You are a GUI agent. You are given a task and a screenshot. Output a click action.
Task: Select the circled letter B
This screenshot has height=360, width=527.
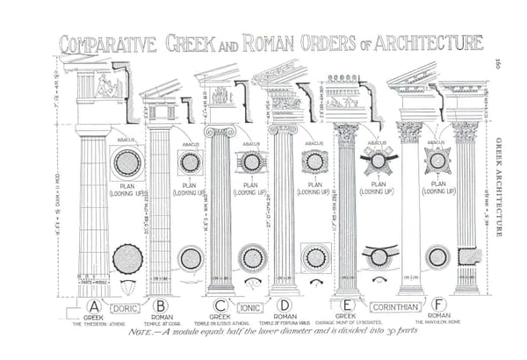160,306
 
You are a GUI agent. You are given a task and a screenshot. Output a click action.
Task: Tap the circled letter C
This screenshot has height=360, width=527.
220,306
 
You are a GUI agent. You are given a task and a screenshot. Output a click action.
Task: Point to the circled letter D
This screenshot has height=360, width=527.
285,306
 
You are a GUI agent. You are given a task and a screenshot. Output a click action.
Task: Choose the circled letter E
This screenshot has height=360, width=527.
346,306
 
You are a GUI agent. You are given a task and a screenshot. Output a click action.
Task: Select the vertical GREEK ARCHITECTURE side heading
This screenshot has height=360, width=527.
499,186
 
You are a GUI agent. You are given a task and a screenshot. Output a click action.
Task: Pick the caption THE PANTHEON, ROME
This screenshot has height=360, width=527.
438,323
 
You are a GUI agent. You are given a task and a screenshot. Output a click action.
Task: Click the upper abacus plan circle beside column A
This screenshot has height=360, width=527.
127,162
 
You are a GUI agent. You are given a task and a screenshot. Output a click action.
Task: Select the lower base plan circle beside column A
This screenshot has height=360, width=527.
127,258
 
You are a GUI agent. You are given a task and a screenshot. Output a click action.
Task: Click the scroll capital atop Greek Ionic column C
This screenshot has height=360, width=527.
220,131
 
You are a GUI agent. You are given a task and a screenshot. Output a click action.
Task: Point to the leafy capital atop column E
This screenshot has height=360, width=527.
346,133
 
